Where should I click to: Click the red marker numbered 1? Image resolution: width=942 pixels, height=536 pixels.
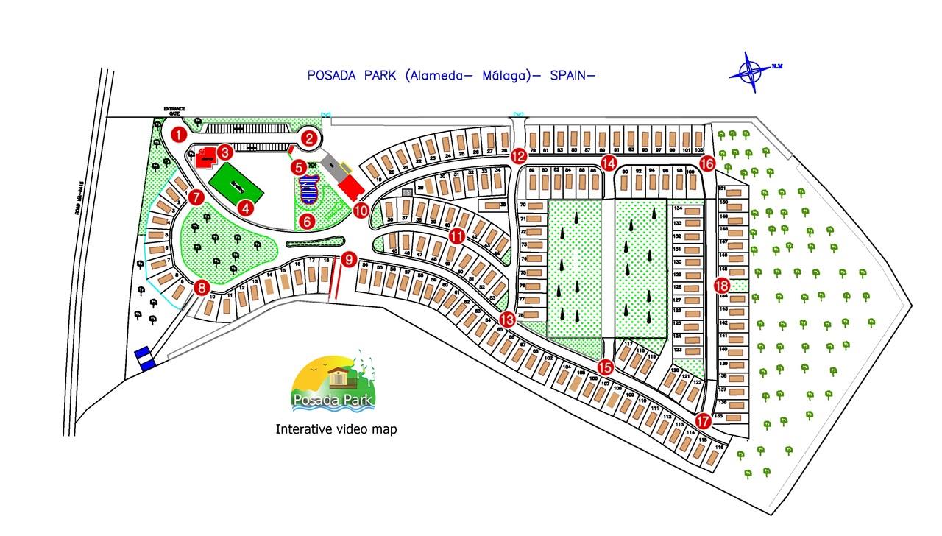tap(178, 135)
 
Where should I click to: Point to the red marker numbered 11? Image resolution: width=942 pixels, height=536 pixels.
tap(457, 236)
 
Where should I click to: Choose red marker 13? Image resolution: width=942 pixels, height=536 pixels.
tap(508, 319)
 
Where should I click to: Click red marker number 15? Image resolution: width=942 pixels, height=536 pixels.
tap(606, 366)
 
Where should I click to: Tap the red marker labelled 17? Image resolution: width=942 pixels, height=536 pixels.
tap(704, 421)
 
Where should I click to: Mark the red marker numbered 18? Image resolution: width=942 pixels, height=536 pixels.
tap(722, 285)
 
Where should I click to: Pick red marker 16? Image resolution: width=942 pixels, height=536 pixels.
tap(707, 163)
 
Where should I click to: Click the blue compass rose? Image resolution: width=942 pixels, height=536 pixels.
tap(752, 72)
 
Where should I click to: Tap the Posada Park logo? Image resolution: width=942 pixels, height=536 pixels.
tap(336, 381)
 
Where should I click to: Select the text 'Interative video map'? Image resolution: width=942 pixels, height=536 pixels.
tap(336, 429)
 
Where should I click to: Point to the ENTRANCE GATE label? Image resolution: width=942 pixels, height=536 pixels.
tap(175, 111)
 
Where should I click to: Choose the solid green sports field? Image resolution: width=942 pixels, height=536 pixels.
tap(236, 184)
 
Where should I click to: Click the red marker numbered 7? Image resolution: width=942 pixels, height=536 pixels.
tap(196, 197)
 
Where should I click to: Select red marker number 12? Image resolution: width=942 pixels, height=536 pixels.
tap(520, 156)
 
